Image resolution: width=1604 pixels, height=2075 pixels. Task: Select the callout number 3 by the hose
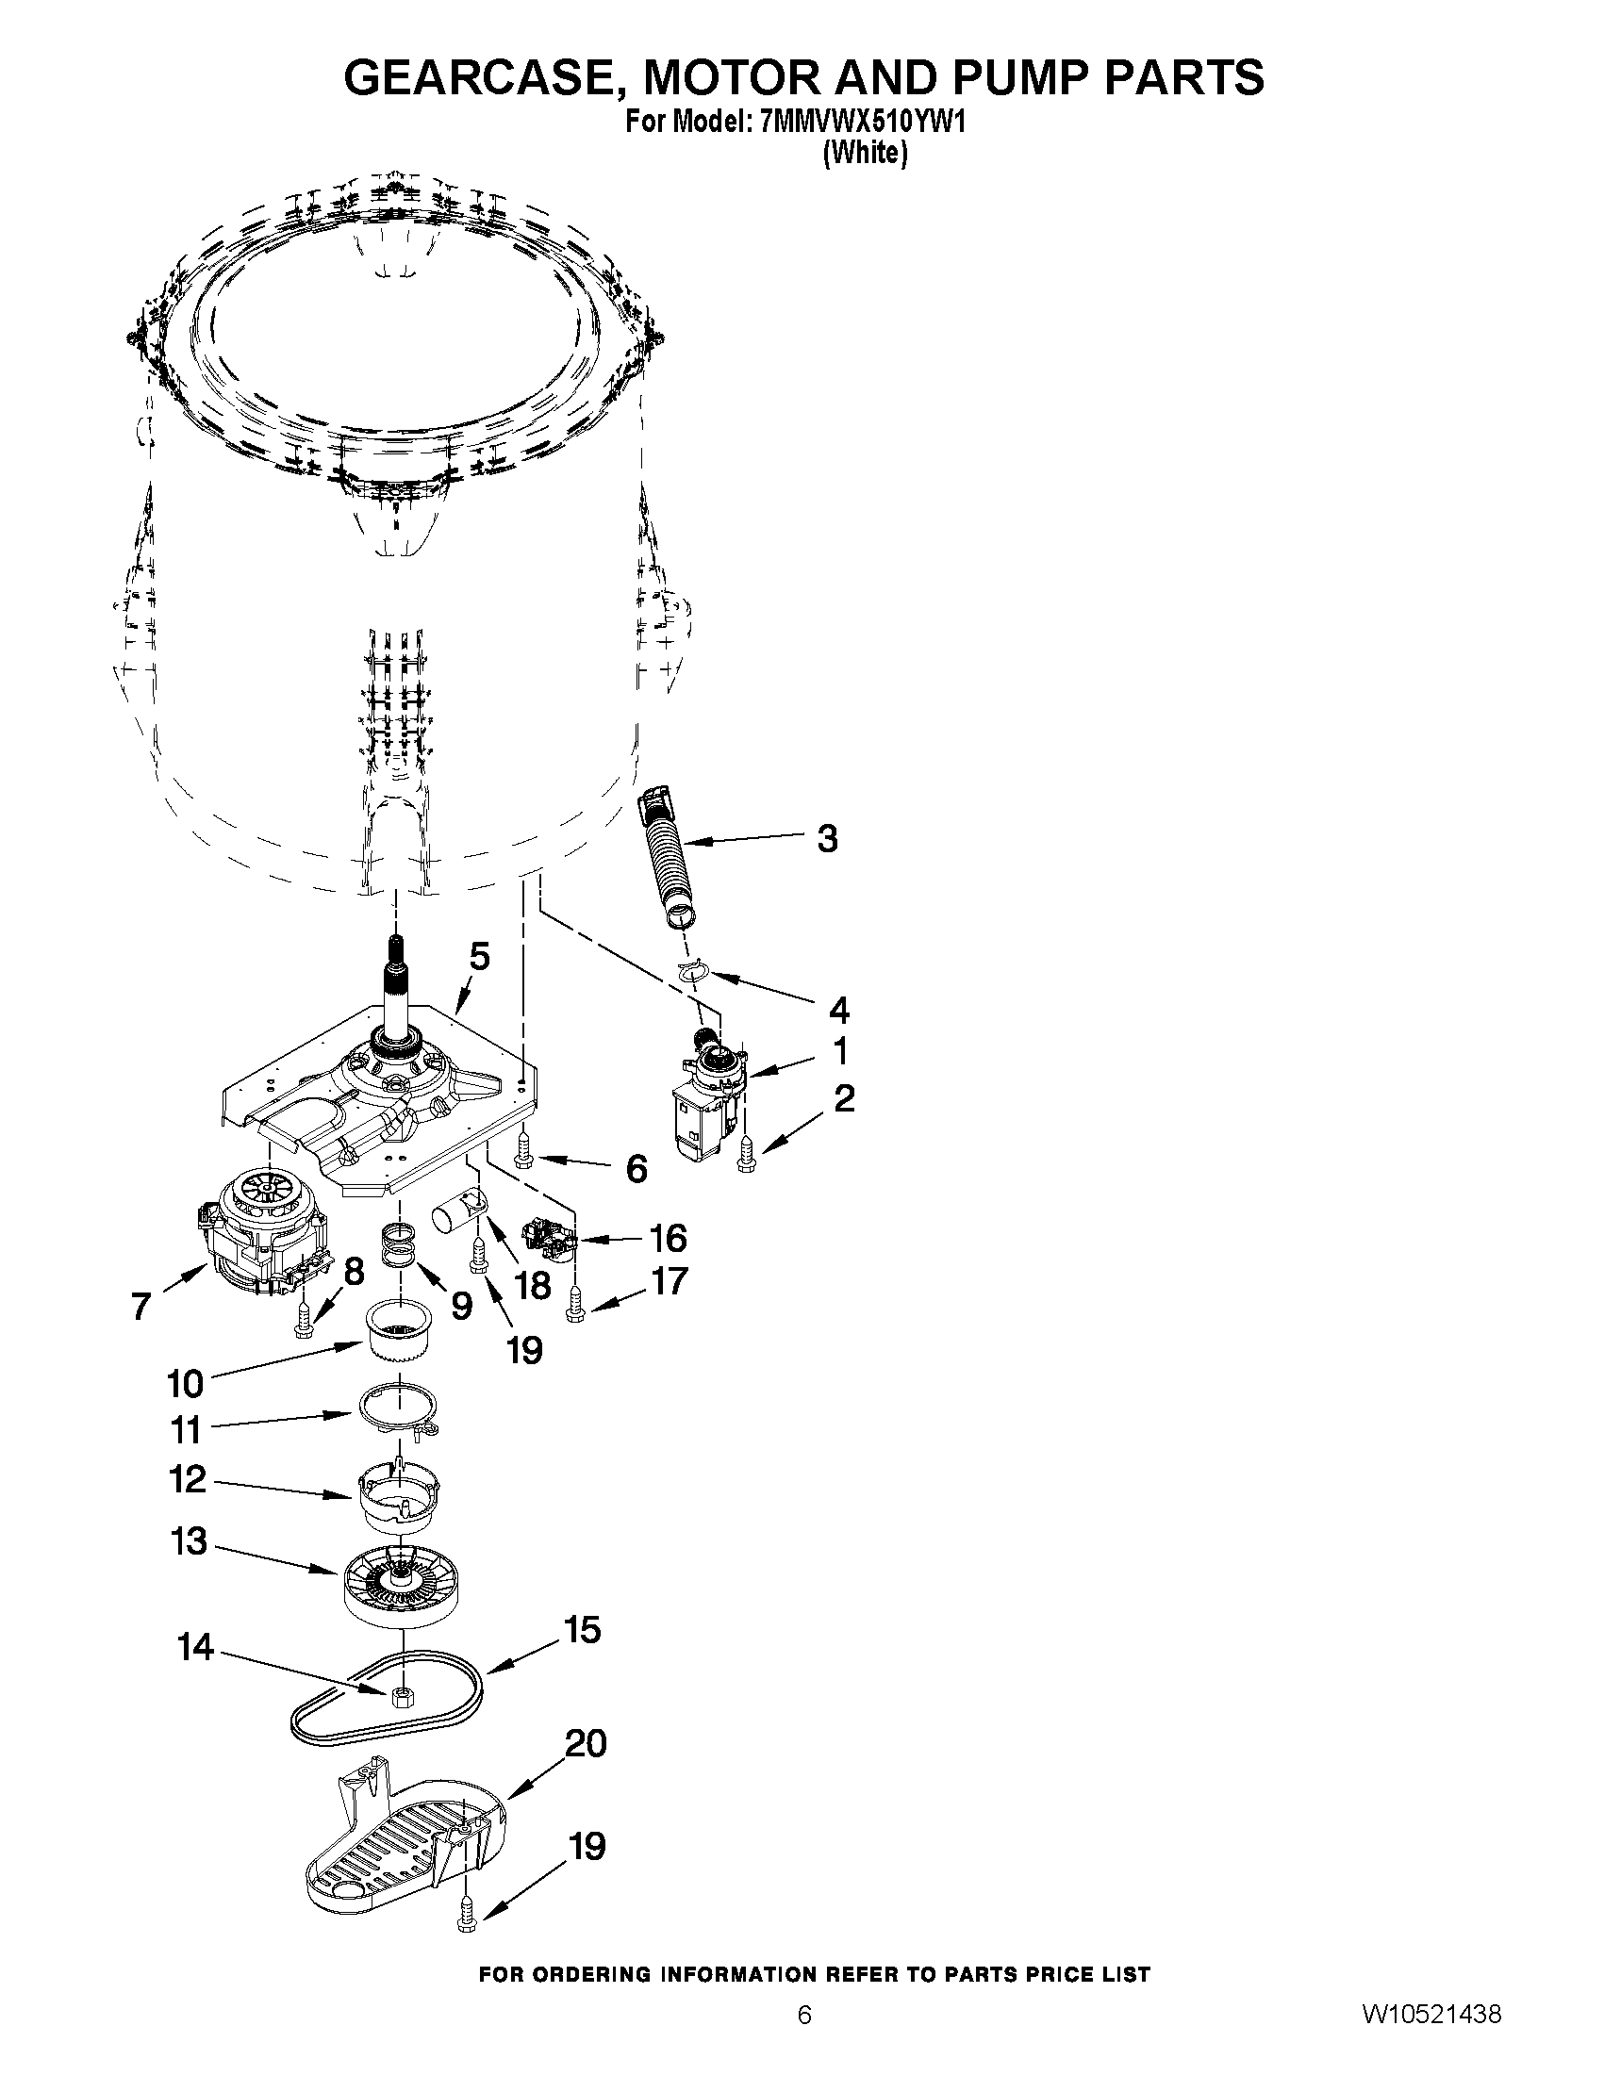coord(828,839)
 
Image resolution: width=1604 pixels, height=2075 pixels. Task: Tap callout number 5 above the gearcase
coord(480,957)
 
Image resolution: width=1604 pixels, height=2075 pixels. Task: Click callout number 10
coord(186,1383)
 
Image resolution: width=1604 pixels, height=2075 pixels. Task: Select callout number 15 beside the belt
coord(583,1630)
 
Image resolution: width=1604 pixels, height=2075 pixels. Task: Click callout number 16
coord(668,1238)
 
